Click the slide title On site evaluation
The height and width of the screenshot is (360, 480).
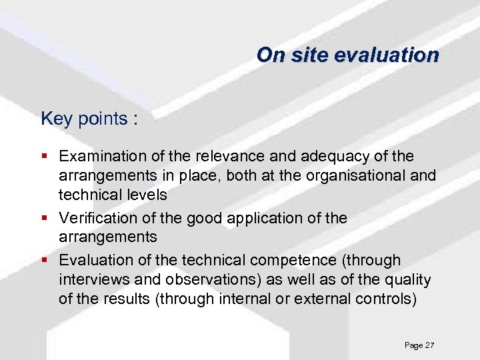click(x=347, y=55)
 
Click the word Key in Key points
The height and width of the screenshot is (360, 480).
click(x=55, y=119)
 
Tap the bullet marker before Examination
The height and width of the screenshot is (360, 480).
click(x=45, y=157)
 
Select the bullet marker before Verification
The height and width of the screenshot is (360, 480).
click(x=45, y=218)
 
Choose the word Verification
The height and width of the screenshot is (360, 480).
click(x=97, y=218)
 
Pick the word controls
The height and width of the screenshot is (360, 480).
click(x=383, y=299)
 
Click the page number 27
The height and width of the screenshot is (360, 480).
click(x=429, y=345)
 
